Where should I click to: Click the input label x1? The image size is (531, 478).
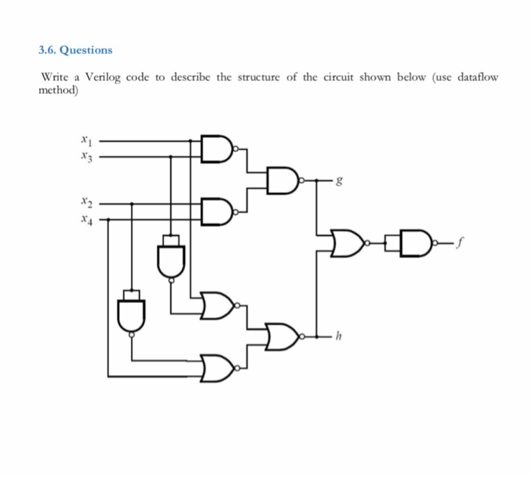pyautogui.click(x=85, y=140)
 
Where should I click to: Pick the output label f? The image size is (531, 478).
pyautogui.click(x=460, y=243)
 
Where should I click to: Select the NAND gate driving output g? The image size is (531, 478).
pyautogui.click(x=284, y=181)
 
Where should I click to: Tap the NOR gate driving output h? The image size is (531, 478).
pyautogui.click(x=283, y=336)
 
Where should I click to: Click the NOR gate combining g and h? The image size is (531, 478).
pyautogui.click(x=349, y=243)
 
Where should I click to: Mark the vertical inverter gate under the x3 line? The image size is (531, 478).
pyautogui.click(x=171, y=257)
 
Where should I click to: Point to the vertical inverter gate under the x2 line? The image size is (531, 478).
pyautogui.click(x=132, y=311)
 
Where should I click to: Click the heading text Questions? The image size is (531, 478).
pyautogui.click(x=86, y=50)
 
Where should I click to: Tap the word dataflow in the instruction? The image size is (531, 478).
pyautogui.click(x=479, y=79)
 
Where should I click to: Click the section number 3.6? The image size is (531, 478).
pyautogui.click(x=47, y=50)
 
